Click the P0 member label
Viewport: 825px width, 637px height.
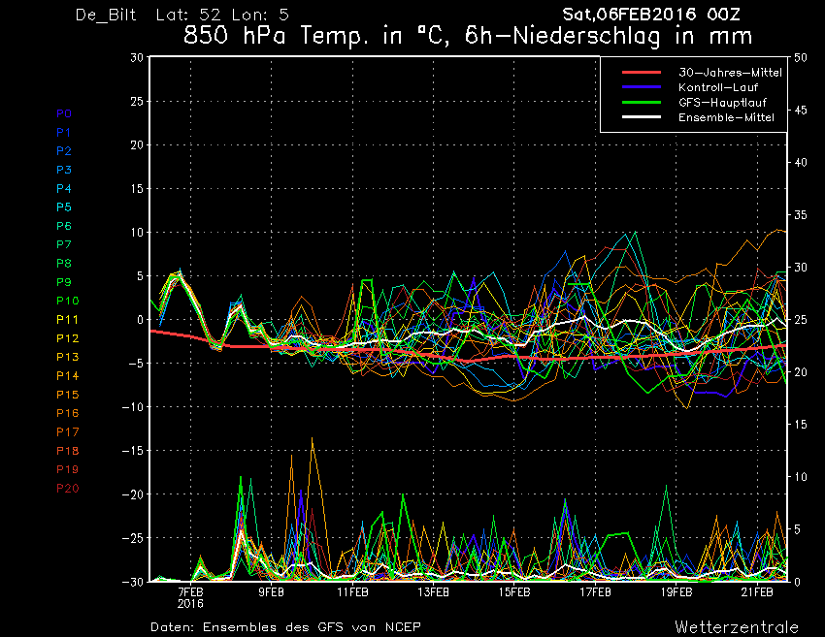[x=64, y=113]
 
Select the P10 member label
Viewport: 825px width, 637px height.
[x=67, y=301]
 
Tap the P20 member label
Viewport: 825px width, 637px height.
[x=67, y=489]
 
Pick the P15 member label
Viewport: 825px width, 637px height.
[x=67, y=395]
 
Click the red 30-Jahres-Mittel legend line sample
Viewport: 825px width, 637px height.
[x=642, y=73]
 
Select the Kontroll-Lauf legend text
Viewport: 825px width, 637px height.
[x=718, y=88]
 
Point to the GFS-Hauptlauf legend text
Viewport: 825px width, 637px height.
[x=722, y=103]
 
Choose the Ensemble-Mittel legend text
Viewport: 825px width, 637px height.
[x=726, y=117]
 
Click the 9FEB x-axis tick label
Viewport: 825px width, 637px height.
[x=271, y=592]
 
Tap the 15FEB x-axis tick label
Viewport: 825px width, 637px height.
[x=514, y=592]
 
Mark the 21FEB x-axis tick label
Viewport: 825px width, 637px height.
[x=757, y=592]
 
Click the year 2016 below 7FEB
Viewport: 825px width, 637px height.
[x=190, y=603]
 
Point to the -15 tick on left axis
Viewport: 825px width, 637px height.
[x=133, y=451]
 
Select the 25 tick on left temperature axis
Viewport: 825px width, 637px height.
[x=137, y=101]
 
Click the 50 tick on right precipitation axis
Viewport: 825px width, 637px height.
[x=801, y=58]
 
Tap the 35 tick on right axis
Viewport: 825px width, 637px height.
[x=801, y=215]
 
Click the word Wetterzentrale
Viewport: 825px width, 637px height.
[x=737, y=627]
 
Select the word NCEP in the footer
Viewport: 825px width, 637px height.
[x=403, y=627]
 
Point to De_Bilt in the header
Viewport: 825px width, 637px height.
[x=106, y=15]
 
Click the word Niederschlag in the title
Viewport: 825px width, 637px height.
[x=586, y=36]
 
